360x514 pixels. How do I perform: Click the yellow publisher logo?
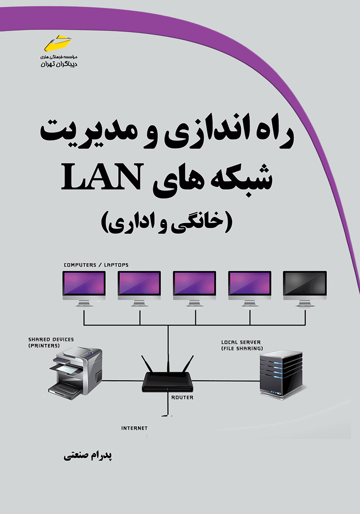coord(58,43)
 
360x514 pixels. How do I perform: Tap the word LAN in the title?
coord(102,176)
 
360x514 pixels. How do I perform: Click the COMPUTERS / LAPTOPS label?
coord(96,265)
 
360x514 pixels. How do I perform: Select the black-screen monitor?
coord(305,288)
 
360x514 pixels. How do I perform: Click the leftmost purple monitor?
coord(84,288)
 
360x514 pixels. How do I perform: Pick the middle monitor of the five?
coord(195,288)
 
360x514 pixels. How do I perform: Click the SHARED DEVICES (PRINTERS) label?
coord(51,342)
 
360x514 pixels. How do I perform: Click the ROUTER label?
coord(182,397)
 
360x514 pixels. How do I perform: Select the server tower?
coord(281,375)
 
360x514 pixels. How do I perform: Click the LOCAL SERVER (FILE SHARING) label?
coord(242,345)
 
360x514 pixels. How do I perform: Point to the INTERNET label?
coord(134,428)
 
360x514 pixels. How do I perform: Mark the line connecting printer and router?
coord(122,381)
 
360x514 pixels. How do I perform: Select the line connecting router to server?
coord(226,381)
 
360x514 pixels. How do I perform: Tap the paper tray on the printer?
coord(65,369)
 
